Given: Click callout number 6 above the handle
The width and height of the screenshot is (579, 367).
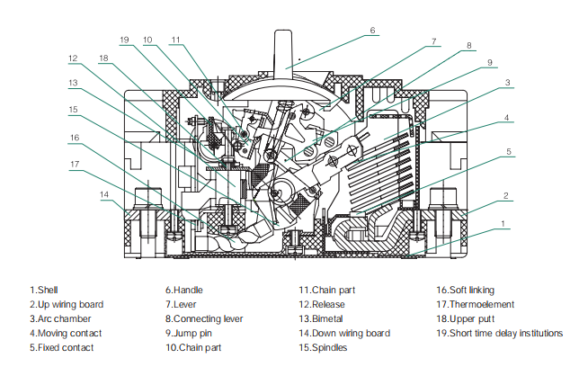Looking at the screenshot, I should (372, 30).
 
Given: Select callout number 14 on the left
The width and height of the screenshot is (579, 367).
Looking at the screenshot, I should (105, 194).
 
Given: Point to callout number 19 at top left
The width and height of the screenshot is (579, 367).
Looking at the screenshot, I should (124, 40).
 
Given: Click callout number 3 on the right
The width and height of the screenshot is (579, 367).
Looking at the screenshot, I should (508, 83).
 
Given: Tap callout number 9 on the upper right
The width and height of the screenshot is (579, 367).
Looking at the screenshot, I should (490, 62).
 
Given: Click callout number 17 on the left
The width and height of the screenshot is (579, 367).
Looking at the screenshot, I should (75, 164).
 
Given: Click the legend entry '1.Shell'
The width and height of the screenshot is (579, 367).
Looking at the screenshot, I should (46, 291).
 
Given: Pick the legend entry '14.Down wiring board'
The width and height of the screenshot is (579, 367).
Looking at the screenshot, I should (345, 333).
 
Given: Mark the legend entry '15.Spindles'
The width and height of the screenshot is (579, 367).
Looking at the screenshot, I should (324, 347).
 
